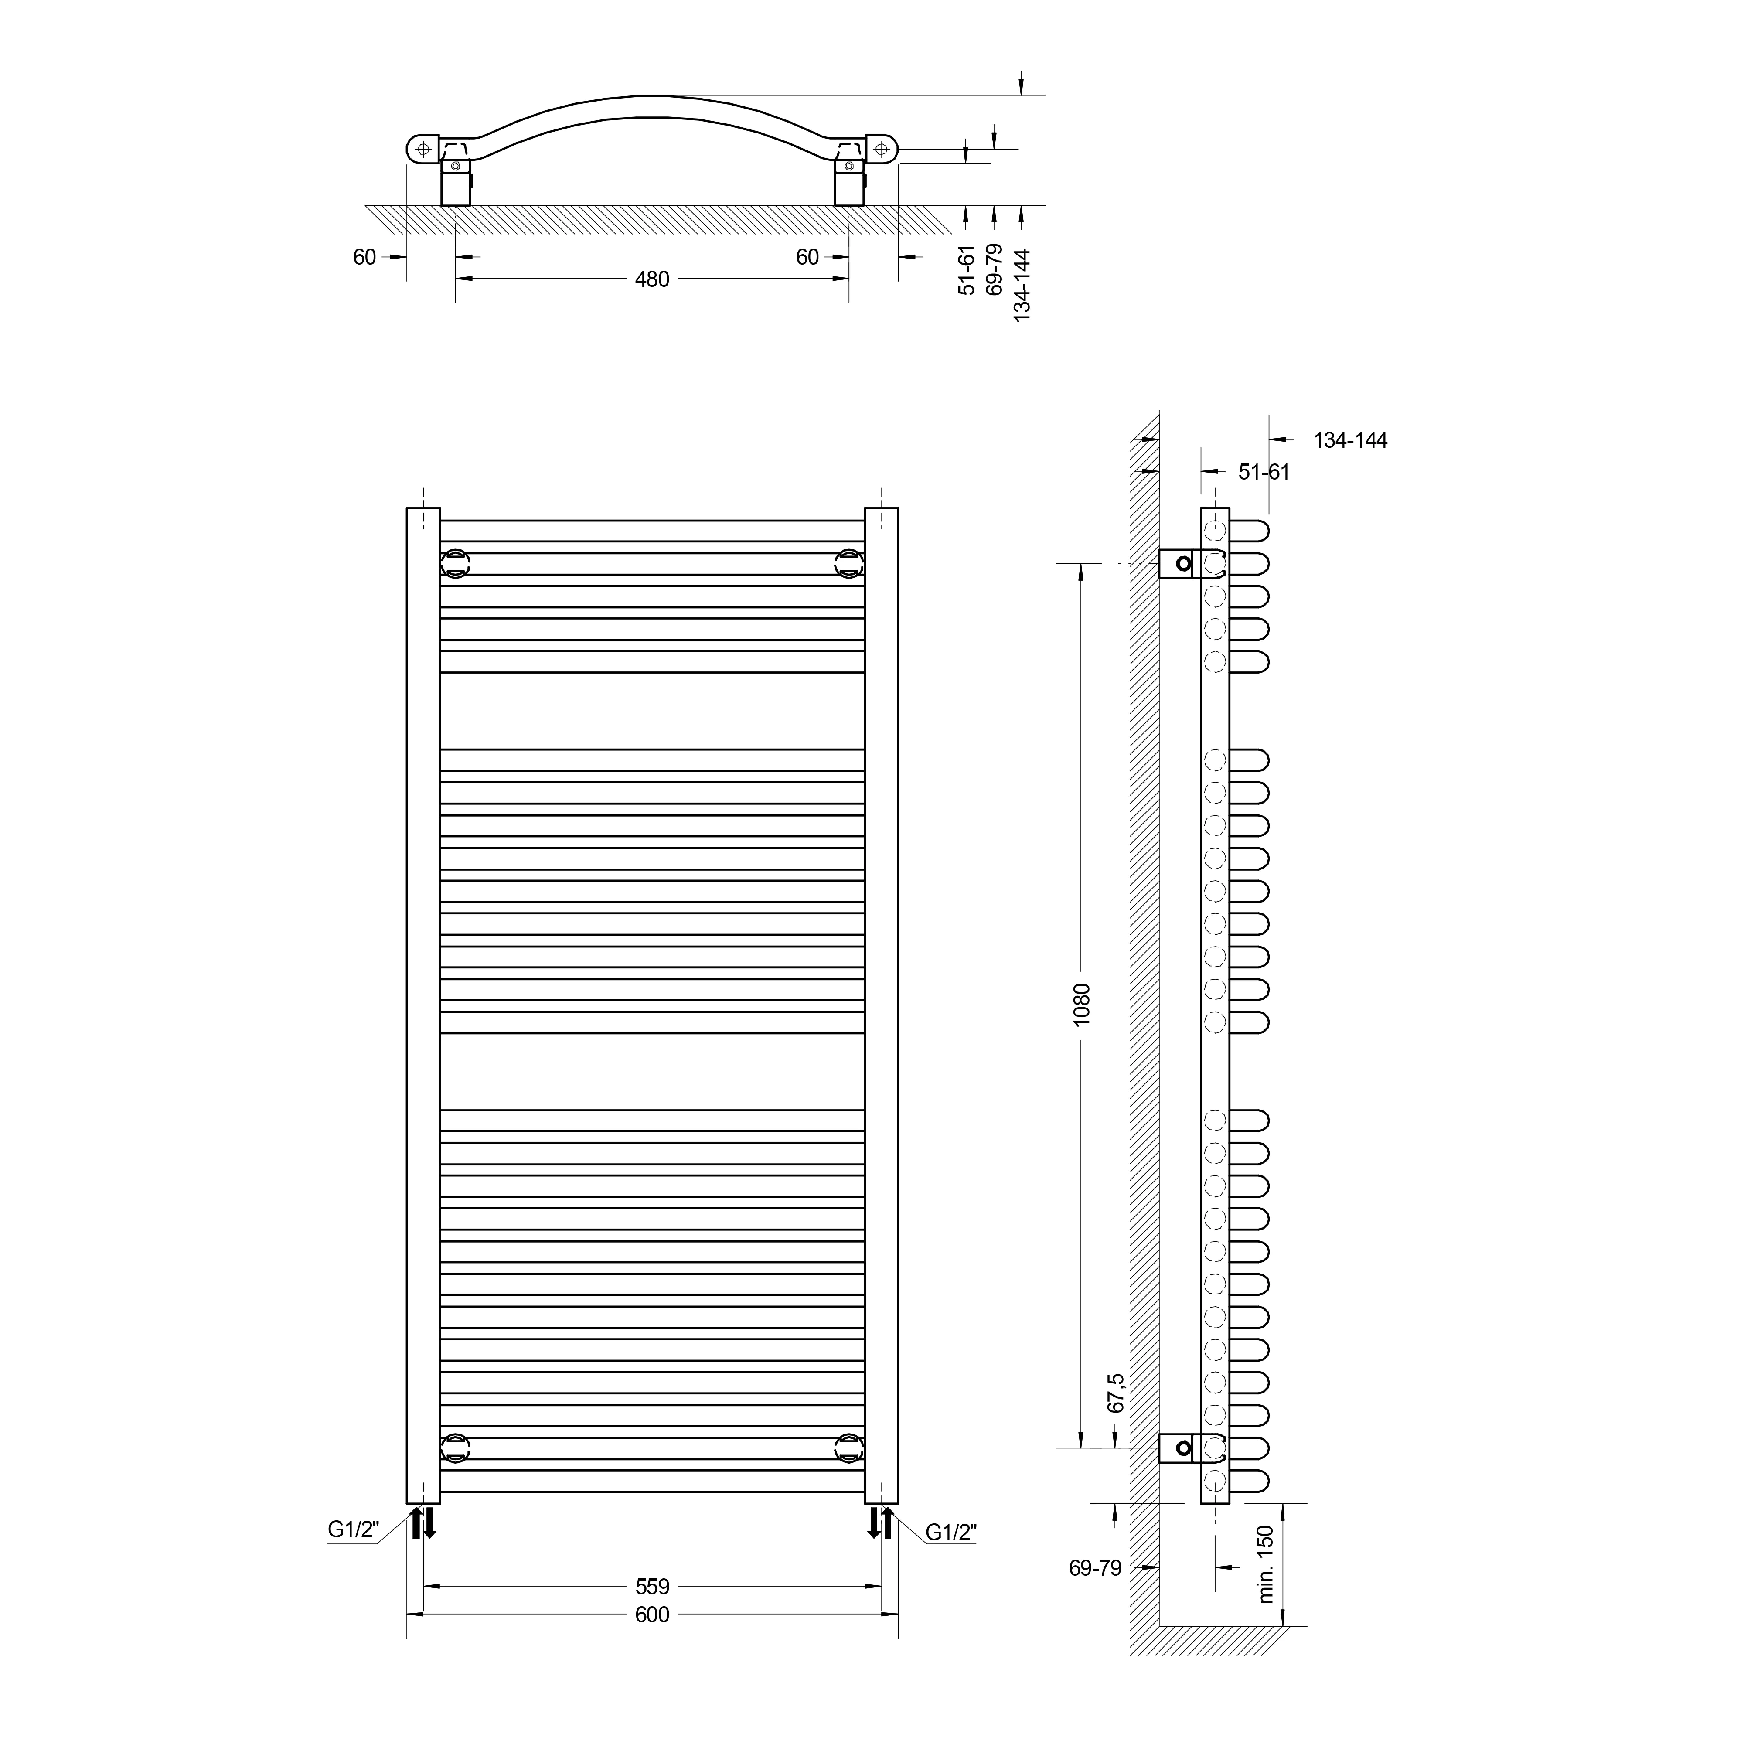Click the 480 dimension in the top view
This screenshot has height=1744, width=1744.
(x=652, y=280)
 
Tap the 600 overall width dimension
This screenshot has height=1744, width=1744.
(x=652, y=1615)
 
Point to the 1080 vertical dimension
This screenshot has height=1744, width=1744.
(x=1082, y=1003)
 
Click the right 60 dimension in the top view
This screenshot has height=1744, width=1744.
(x=807, y=257)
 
